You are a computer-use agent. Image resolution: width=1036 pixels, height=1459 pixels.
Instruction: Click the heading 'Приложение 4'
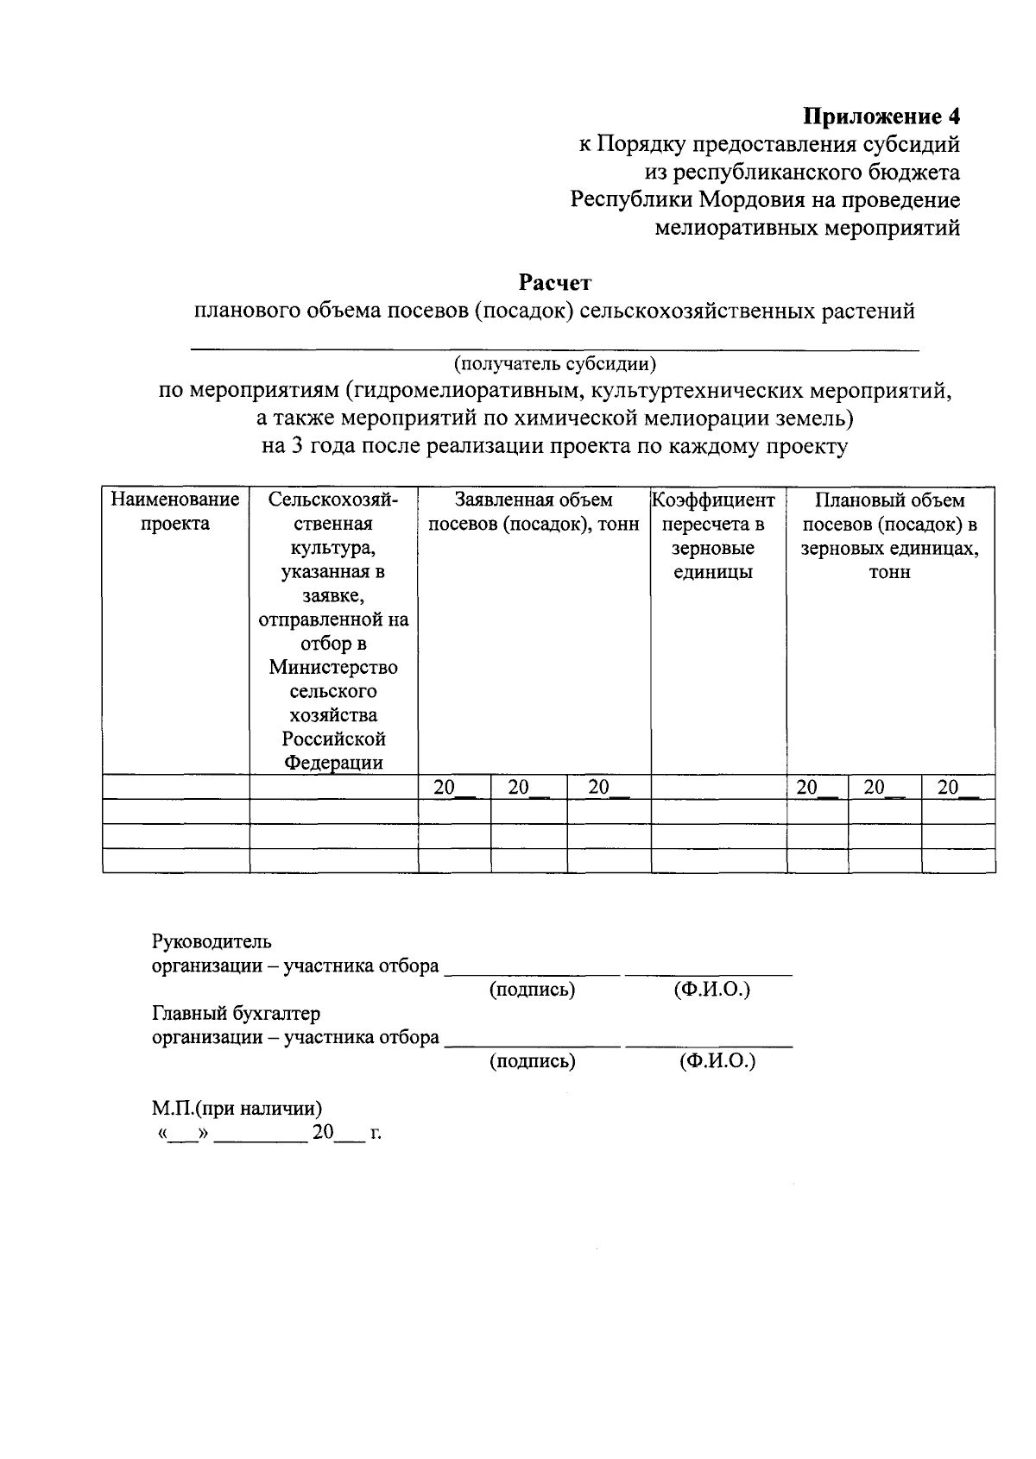tap(881, 116)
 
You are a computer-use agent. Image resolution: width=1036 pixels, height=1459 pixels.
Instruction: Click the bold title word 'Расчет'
tap(554, 282)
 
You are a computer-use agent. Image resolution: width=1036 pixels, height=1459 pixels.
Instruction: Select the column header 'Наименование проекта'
tap(175, 512)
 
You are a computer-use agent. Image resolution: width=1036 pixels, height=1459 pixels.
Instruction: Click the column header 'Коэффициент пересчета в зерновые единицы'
tap(713, 536)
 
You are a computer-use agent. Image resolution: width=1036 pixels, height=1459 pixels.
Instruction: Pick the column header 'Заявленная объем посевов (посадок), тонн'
tap(534, 512)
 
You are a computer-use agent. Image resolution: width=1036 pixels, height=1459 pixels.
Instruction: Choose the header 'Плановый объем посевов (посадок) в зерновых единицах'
tap(889, 536)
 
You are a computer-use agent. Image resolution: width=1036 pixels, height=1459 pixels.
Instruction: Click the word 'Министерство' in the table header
tap(333, 667)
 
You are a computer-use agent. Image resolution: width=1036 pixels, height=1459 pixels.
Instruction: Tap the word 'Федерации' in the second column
tap(333, 763)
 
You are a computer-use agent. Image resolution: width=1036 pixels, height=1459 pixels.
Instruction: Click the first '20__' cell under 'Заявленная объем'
tap(453, 787)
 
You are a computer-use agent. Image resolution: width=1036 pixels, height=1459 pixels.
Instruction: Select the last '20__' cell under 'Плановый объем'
tap(957, 787)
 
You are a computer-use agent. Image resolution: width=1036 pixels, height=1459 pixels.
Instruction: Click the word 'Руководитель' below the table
tap(212, 941)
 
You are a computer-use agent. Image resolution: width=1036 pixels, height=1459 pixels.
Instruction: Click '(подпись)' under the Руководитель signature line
tap(532, 990)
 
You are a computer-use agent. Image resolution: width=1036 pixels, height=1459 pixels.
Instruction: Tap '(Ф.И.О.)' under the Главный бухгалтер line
tap(717, 1061)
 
